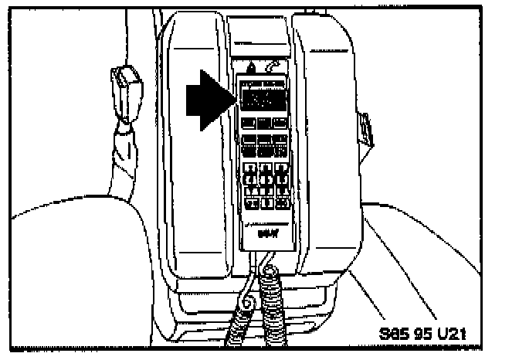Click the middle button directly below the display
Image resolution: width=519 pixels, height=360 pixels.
click(264, 123)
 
